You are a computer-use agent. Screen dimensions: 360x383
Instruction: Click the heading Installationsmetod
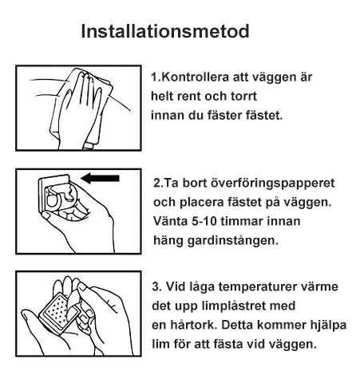[x=165, y=31]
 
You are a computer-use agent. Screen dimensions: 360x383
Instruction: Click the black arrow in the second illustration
[x=100, y=178]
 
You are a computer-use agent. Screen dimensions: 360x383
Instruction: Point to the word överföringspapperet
[x=273, y=184]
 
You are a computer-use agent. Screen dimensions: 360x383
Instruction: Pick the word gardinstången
[x=233, y=241]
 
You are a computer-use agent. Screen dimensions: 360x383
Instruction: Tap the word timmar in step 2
[x=242, y=221]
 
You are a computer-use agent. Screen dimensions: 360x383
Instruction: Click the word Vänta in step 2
[x=171, y=221]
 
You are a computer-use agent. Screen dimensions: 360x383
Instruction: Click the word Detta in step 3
[x=237, y=325]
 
